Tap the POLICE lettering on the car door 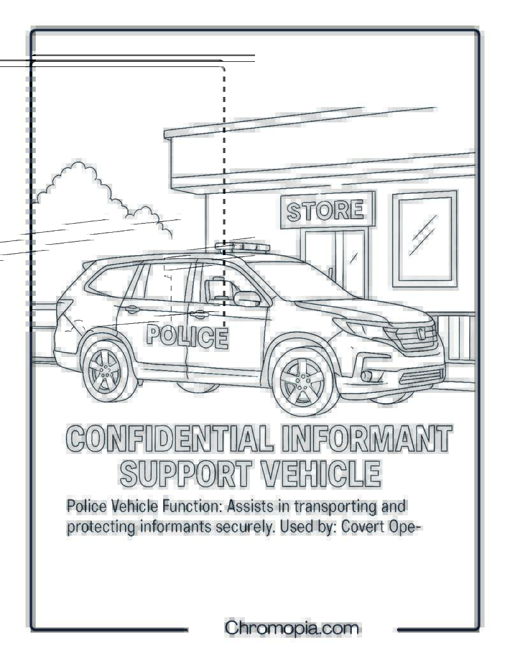[x=187, y=337]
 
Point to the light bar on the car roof [x=242, y=247]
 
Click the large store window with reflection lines [x=425, y=239]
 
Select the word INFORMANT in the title [x=367, y=438]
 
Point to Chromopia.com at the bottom [x=292, y=628]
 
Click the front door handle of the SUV [x=199, y=314]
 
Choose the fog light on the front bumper [x=367, y=374]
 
